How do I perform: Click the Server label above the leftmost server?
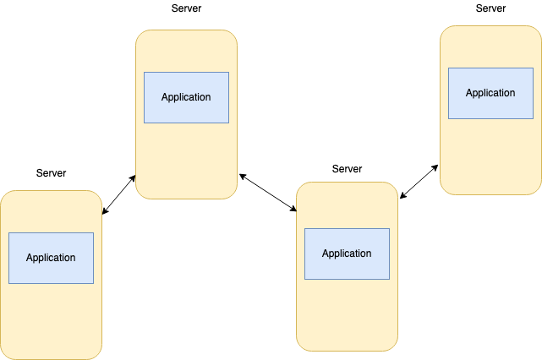[51, 173]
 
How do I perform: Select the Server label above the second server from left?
[186, 8]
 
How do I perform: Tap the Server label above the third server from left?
[347, 169]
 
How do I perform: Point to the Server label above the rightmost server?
[490, 8]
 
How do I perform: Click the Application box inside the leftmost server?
[51, 258]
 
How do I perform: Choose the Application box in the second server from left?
[186, 97]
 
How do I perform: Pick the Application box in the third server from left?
[347, 254]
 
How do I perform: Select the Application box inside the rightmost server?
[490, 93]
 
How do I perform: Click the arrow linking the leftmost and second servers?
[118, 194]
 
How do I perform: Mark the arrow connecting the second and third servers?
[267, 193]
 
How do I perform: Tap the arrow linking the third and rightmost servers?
[419, 181]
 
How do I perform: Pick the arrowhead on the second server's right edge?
[241, 176]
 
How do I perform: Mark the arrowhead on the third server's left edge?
[293, 209]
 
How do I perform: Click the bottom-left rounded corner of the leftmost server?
[5, 355]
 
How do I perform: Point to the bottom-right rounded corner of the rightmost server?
[536, 189]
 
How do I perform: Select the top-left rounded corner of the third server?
[301, 187]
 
